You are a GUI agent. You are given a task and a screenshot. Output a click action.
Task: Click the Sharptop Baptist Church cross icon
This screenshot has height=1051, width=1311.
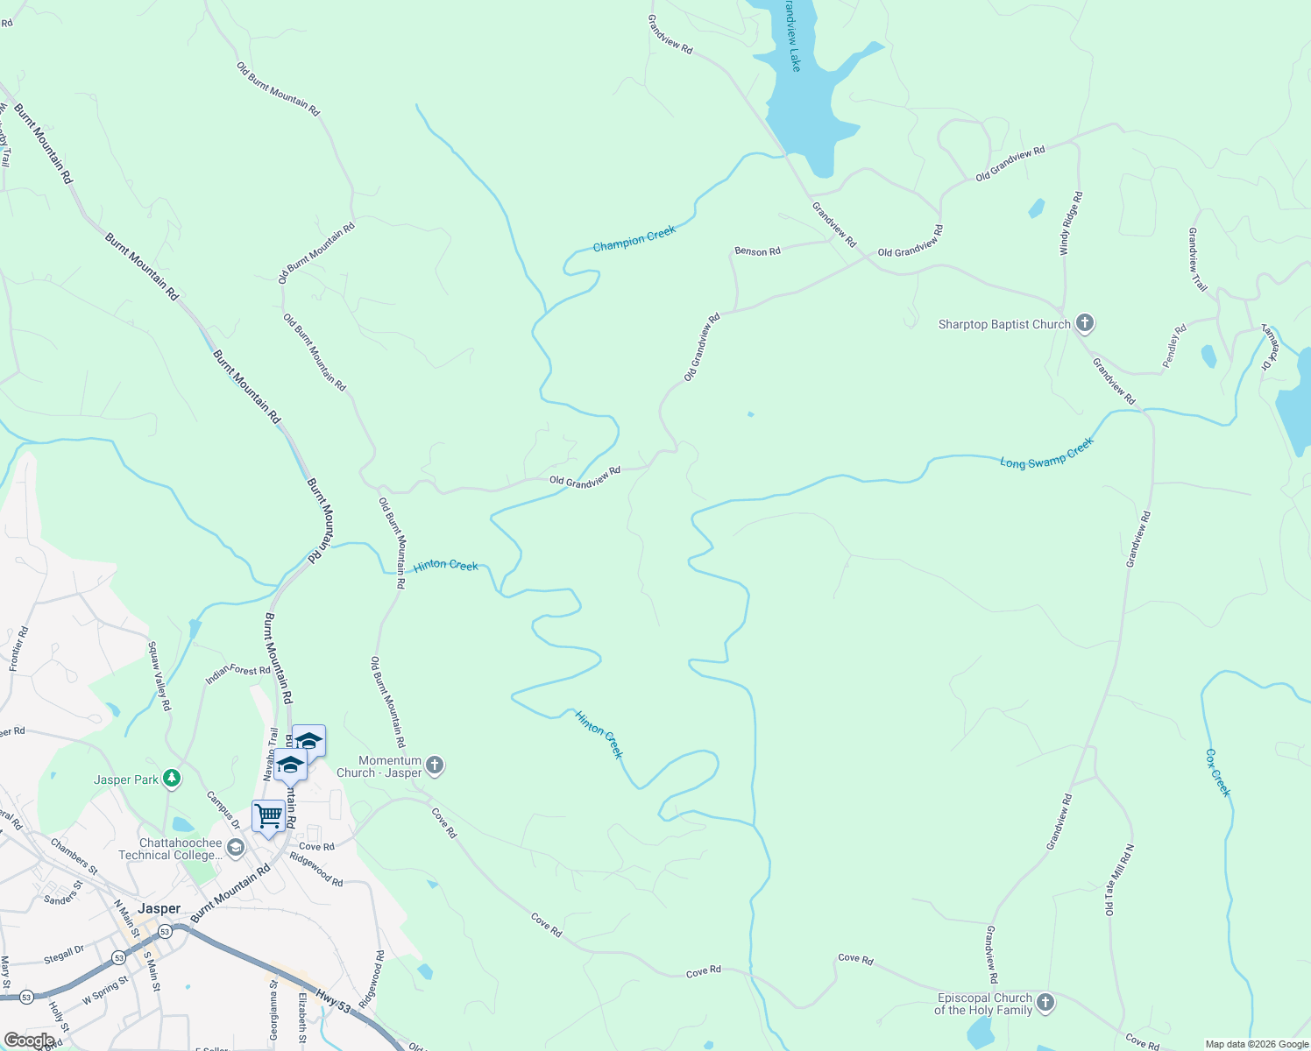pos(1085,324)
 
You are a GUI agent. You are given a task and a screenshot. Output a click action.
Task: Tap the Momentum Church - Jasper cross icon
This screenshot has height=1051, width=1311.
pos(435,766)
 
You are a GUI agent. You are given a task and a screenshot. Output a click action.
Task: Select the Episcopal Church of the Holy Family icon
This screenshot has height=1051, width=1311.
pos(1045,1004)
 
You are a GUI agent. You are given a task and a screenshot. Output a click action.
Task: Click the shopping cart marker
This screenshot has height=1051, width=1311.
pos(268,816)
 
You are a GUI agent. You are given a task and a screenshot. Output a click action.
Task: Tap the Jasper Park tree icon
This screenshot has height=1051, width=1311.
pos(173,779)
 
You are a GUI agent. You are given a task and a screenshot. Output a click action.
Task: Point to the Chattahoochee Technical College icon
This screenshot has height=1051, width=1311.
pos(235,848)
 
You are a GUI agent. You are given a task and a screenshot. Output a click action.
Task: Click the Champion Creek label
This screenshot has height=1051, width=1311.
pos(634,239)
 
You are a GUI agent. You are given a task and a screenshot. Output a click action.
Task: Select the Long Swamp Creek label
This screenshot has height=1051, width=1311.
pos(1047,454)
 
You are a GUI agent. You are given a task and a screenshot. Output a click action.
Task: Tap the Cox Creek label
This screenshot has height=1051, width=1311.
pos(1218,772)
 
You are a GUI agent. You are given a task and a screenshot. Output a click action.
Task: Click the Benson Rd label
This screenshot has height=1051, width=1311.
pos(757,251)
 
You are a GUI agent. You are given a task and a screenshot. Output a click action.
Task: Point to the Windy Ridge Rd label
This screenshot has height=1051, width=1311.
pos(1071,223)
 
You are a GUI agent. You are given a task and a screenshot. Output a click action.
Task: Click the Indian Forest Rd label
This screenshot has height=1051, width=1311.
pos(237,674)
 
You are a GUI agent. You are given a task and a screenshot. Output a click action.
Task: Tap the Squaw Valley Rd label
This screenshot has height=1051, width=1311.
pos(159,676)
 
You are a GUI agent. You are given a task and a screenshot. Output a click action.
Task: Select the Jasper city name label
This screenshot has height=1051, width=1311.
pos(159,909)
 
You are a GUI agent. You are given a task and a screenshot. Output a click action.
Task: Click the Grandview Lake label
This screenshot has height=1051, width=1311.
pos(792,35)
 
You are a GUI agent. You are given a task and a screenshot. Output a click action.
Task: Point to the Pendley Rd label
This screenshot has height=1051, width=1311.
pos(1174,347)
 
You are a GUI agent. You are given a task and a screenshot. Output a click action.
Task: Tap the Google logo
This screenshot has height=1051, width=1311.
pos(29,1040)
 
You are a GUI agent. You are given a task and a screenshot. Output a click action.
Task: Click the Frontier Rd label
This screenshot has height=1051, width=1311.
pos(18,649)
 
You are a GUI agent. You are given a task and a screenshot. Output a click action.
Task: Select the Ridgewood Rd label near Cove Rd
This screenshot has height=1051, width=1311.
pos(316,870)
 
